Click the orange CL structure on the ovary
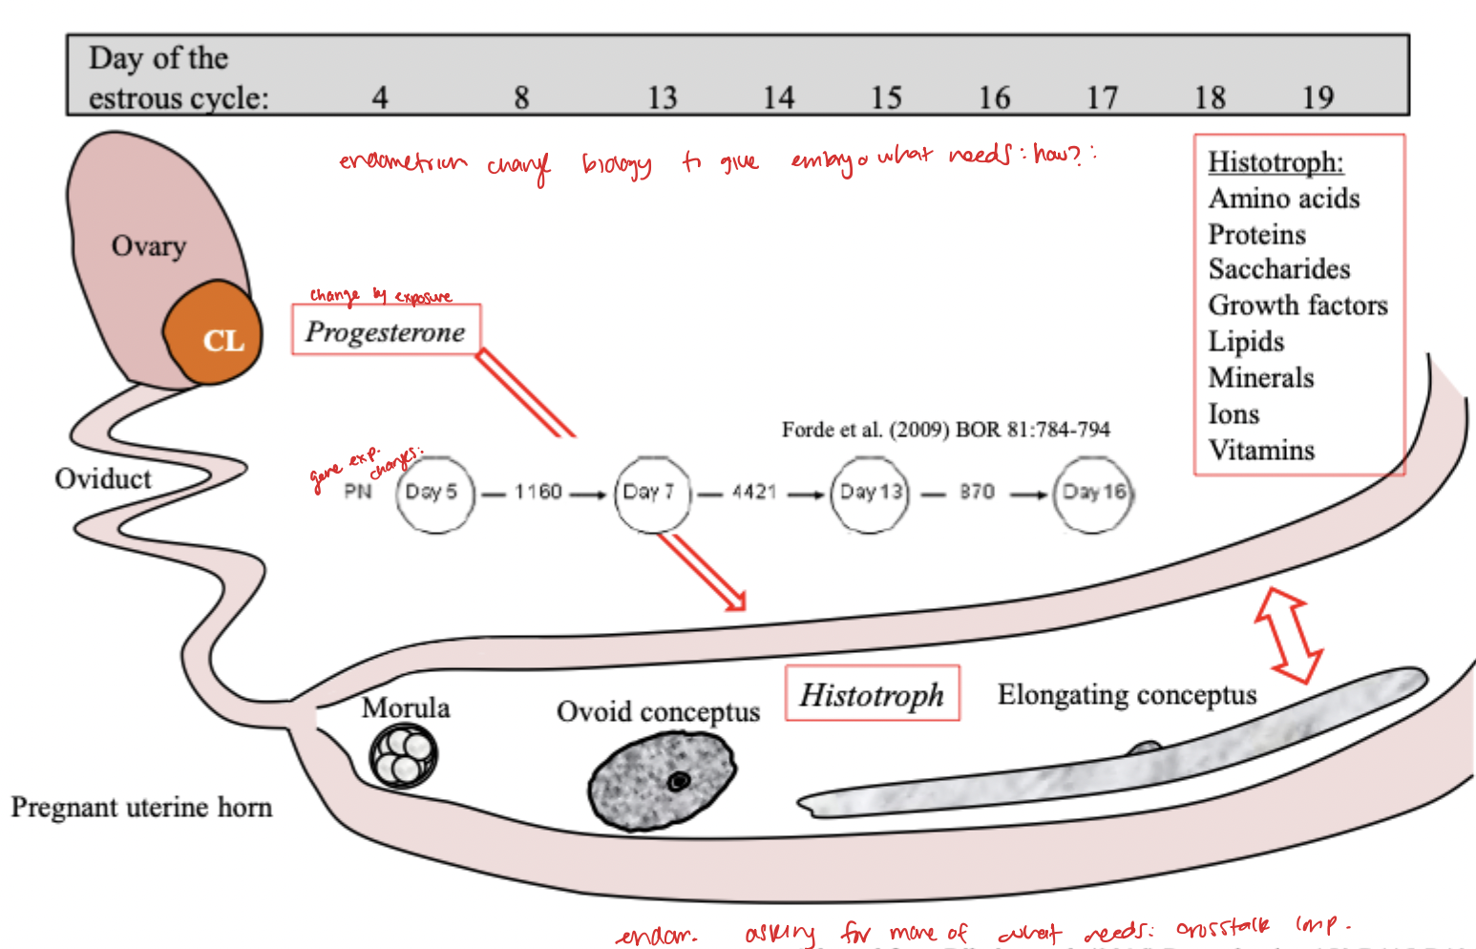[213, 333]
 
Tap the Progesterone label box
[386, 330]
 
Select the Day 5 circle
[434, 493]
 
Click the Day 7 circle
[651, 493]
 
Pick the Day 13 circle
[869, 493]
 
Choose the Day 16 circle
[1092, 493]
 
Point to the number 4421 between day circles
[754, 492]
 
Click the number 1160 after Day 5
[538, 492]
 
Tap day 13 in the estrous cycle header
[662, 97]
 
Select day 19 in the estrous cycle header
[1318, 97]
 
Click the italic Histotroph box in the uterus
[872, 694]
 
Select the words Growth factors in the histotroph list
[1297, 306]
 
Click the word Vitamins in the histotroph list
[1261, 450]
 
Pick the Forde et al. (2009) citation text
[945, 430]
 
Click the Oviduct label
[103, 478]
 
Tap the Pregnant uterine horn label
[141, 808]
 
